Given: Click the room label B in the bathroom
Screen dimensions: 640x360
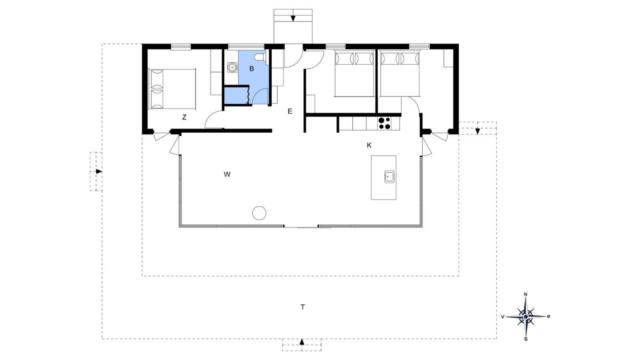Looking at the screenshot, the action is point(252,69).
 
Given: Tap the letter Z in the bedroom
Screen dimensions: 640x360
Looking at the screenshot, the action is point(184,117).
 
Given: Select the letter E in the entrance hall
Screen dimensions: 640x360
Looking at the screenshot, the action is point(290,112).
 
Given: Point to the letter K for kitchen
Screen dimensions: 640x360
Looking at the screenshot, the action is point(369,146).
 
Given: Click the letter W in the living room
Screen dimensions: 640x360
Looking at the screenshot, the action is point(227,174).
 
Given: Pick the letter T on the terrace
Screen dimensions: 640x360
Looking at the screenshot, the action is point(302,307).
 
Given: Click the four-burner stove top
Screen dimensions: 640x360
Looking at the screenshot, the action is point(384,124).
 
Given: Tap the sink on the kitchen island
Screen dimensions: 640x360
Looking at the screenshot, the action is point(390,176).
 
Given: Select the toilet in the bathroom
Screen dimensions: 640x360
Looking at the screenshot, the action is point(260,57).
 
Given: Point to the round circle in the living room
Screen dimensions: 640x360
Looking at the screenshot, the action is point(260,213).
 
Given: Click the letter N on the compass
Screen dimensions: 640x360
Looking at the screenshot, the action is point(526,294).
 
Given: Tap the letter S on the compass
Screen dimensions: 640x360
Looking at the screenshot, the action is point(526,339).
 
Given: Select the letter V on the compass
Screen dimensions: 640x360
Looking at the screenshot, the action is point(503,316).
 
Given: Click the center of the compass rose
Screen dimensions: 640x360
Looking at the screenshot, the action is point(526,316).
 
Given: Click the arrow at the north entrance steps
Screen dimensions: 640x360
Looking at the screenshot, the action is point(293,18).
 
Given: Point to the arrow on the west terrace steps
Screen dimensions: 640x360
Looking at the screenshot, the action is point(99,172).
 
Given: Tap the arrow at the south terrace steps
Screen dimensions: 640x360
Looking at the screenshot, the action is point(302,342).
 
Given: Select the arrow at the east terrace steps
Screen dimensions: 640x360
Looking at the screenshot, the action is point(478,131).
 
